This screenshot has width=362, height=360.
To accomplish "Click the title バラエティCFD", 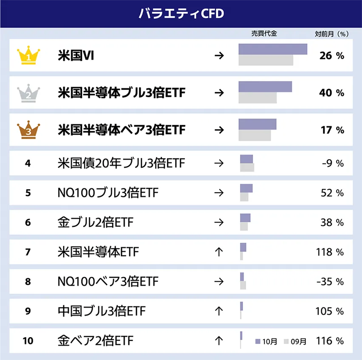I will point(181,14).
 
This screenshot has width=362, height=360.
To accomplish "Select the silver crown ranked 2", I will point(28,93).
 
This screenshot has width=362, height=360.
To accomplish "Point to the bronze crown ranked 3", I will point(28,129).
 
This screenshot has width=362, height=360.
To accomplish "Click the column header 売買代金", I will point(264,34).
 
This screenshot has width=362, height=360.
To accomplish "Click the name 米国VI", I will point(76,56).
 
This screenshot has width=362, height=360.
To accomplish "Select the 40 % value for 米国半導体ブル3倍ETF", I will point(332,93).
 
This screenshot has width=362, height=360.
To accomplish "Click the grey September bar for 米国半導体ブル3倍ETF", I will point(257,98).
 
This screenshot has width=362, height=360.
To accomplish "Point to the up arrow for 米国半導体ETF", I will point(219,252).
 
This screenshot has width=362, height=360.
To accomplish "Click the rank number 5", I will point(28,193).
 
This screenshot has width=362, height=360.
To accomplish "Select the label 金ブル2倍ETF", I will point(95,222).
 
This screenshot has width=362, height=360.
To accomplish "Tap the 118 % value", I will point(330,252).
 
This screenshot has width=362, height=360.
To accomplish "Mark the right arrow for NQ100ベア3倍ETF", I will point(219,281).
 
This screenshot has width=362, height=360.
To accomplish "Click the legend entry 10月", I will point(266,341).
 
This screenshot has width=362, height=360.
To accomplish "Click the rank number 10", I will point(28,340).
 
